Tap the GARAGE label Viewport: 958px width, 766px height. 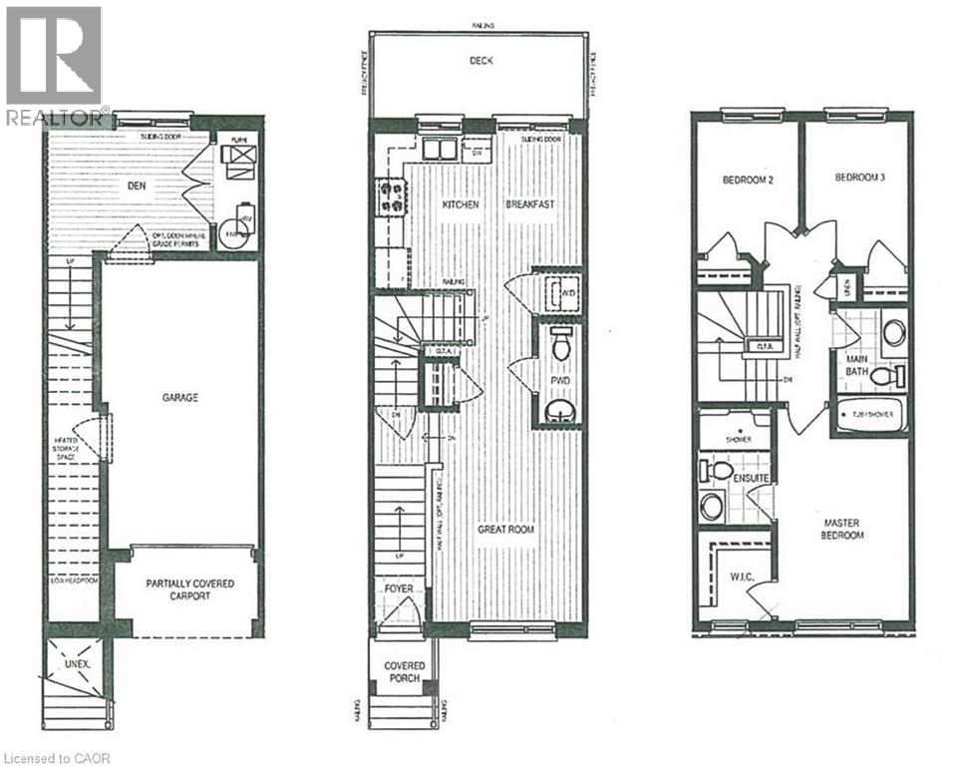[180, 397]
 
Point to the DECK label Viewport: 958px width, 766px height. [482, 61]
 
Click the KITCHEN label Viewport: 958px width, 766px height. [460, 204]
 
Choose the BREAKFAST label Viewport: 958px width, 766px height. [529, 204]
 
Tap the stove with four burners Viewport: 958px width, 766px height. [391, 195]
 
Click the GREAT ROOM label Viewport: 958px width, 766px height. [504, 530]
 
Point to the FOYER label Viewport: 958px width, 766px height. [398, 588]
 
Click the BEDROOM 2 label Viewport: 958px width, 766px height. [748, 181]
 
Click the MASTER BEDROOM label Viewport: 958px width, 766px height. [843, 529]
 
